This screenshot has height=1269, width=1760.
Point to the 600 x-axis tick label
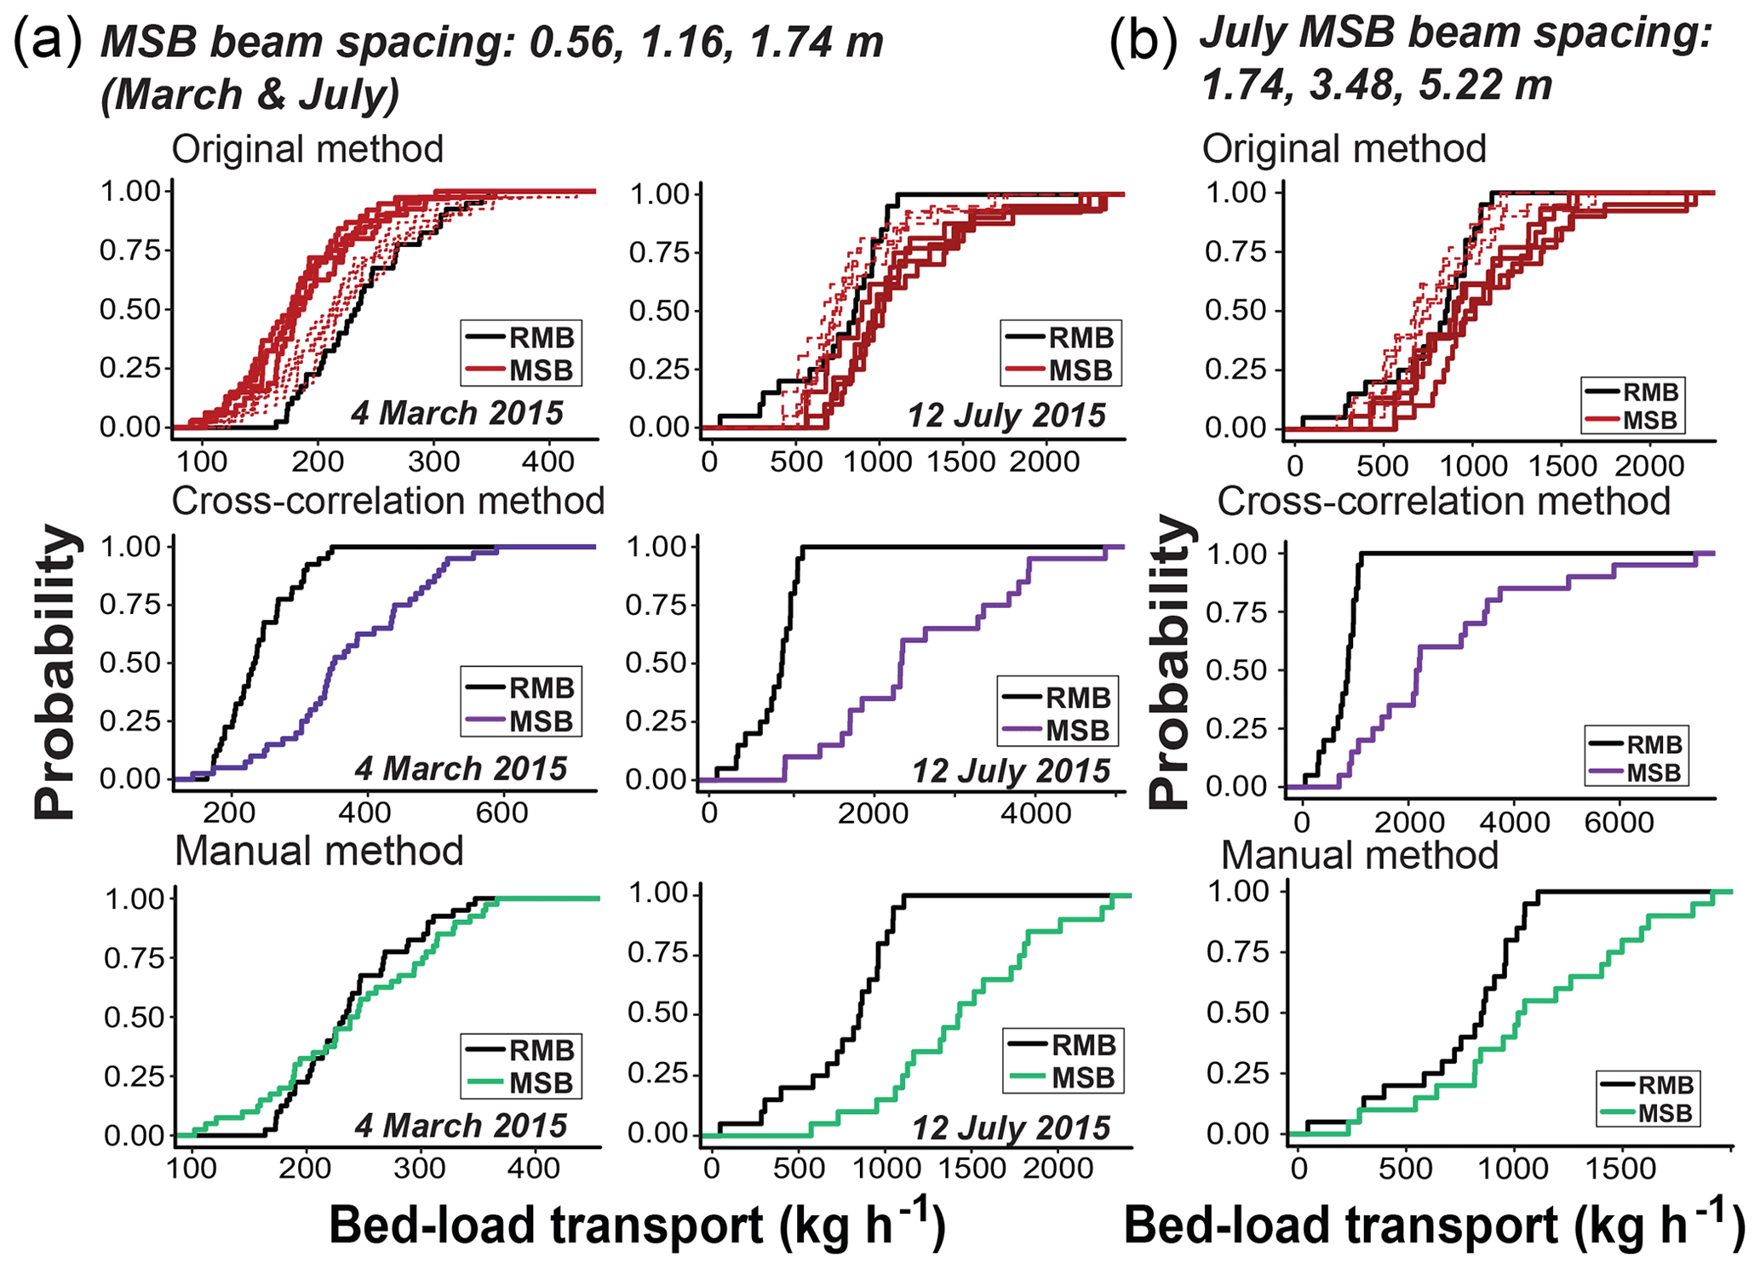pyautogui.click(x=502, y=812)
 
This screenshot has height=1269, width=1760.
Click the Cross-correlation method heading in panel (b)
pyautogui.click(x=1443, y=501)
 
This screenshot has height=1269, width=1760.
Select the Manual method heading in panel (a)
pyautogui.click(x=318, y=851)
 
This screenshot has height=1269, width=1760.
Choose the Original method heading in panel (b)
pyautogui.click(x=1344, y=148)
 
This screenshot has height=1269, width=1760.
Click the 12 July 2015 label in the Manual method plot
pyautogui.click(x=1011, y=1128)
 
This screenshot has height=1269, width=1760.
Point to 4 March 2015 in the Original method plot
pyautogui.click(x=457, y=413)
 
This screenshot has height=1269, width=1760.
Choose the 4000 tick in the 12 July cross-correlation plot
pyautogui.click(x=1035, y=812)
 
